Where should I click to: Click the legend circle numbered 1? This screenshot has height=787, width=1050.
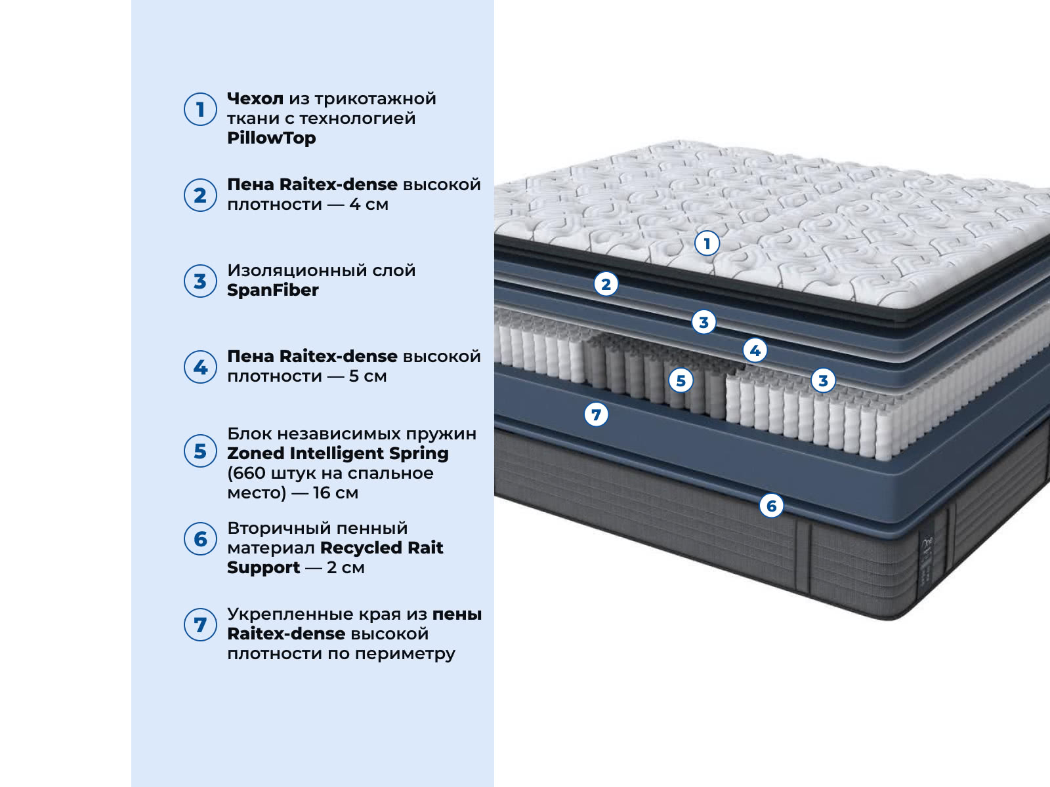point(200,110)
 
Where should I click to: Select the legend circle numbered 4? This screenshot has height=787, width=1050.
point(200,367)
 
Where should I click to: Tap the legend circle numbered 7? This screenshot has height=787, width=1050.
point(200,624)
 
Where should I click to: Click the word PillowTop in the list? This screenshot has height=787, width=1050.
point(271,138)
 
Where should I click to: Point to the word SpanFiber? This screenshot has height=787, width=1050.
point(272,290)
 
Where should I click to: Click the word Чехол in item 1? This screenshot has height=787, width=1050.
point(255,99)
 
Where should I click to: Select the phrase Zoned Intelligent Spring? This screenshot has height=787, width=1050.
point(338,453)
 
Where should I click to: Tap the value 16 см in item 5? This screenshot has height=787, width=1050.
point(336,493)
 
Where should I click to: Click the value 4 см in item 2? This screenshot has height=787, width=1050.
point(369,205)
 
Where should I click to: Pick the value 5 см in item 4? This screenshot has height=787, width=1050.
point(368,376)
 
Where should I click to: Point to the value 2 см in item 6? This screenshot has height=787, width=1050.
point(346,568)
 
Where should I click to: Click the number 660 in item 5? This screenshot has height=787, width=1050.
point(249,473)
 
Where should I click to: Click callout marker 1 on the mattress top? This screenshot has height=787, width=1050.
point(707,244)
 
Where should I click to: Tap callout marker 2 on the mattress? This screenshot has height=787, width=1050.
point(606,285)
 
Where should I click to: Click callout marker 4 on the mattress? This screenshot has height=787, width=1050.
point(755,351)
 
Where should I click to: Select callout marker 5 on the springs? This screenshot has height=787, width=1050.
point(681,381)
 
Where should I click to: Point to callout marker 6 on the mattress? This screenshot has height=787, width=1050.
point(772,506)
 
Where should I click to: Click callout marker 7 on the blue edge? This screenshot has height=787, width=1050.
point(596,414)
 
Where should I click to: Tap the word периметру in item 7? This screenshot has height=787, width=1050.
point(405,654)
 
